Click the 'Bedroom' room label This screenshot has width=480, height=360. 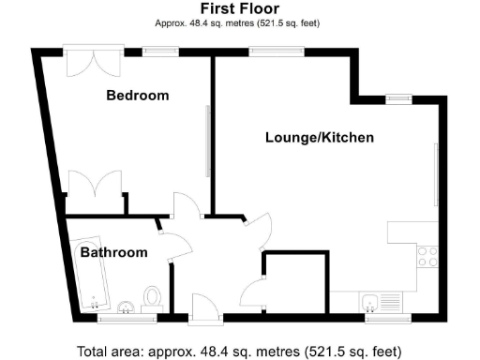coord(137,96)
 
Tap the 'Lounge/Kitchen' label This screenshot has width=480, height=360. coord(320,138)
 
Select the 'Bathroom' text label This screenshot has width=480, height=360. coord(113,253)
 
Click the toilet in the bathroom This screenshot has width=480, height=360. coord(154,298)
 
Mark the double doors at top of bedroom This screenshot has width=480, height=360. coord(92,63)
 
